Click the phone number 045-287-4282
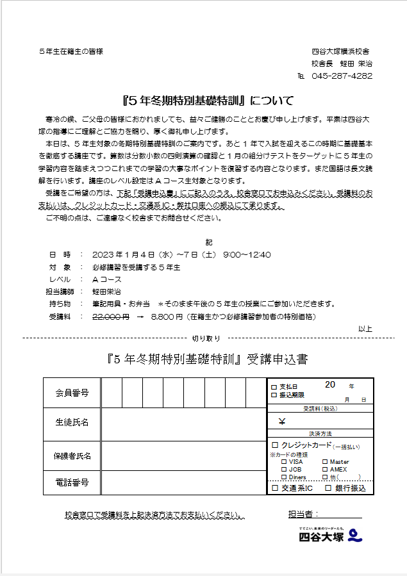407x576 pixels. [x=341, y=75]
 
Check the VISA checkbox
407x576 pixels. [x=284, y=461]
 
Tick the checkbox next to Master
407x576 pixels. [x=325, y=461]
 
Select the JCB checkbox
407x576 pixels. [x=284, y=469]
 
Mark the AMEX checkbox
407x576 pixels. [x=325, y=469]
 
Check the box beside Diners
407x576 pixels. [x=284, y=477]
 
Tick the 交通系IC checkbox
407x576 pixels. [x=275, y=488]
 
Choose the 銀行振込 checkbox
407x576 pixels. [x=328, y=488]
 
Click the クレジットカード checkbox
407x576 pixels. [x=275, y=445]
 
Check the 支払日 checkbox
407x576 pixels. [x=274, y=387]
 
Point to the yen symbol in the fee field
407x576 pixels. [x=282, y=422]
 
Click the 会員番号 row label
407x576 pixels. [x=72, y=392]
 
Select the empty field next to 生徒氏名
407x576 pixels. [x=183, y=423]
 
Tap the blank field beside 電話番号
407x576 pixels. [x=183, y=482]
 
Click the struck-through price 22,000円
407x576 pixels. [x=111, y=317]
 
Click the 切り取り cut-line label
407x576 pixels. [x=206, y=338]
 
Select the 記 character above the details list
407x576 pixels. [x=208, y=243]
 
